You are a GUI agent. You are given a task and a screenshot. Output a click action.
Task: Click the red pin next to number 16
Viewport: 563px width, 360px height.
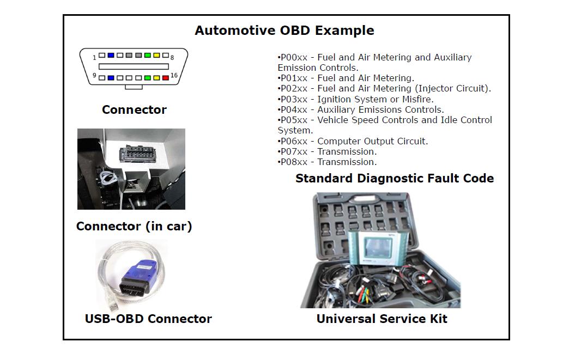point(166,78)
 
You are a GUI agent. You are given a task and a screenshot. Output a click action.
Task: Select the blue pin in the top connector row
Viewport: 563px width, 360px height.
point(111,56)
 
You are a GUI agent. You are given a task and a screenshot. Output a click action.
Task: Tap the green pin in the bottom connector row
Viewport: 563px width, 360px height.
point(147,78)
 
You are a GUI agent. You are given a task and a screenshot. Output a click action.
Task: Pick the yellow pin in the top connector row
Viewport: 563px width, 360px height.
point(156,56)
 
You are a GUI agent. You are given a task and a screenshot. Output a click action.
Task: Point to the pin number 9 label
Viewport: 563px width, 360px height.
point(95,76)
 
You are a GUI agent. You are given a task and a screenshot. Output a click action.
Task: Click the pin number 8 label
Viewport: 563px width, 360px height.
point(172,57)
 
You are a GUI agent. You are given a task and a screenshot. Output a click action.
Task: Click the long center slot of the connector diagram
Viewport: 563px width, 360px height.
point(134,66)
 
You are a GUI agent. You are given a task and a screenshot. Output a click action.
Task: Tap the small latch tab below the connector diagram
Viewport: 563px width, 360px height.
point(134,87)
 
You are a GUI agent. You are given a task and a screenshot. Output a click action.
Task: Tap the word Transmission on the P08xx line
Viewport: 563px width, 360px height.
point(347,162)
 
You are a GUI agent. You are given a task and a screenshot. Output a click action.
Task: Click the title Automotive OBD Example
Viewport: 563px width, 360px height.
point(284,30)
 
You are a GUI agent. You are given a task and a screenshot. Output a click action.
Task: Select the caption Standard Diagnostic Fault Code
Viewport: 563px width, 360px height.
point(395,178)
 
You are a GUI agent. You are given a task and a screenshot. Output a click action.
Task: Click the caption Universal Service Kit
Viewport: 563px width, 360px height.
point(382,319)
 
